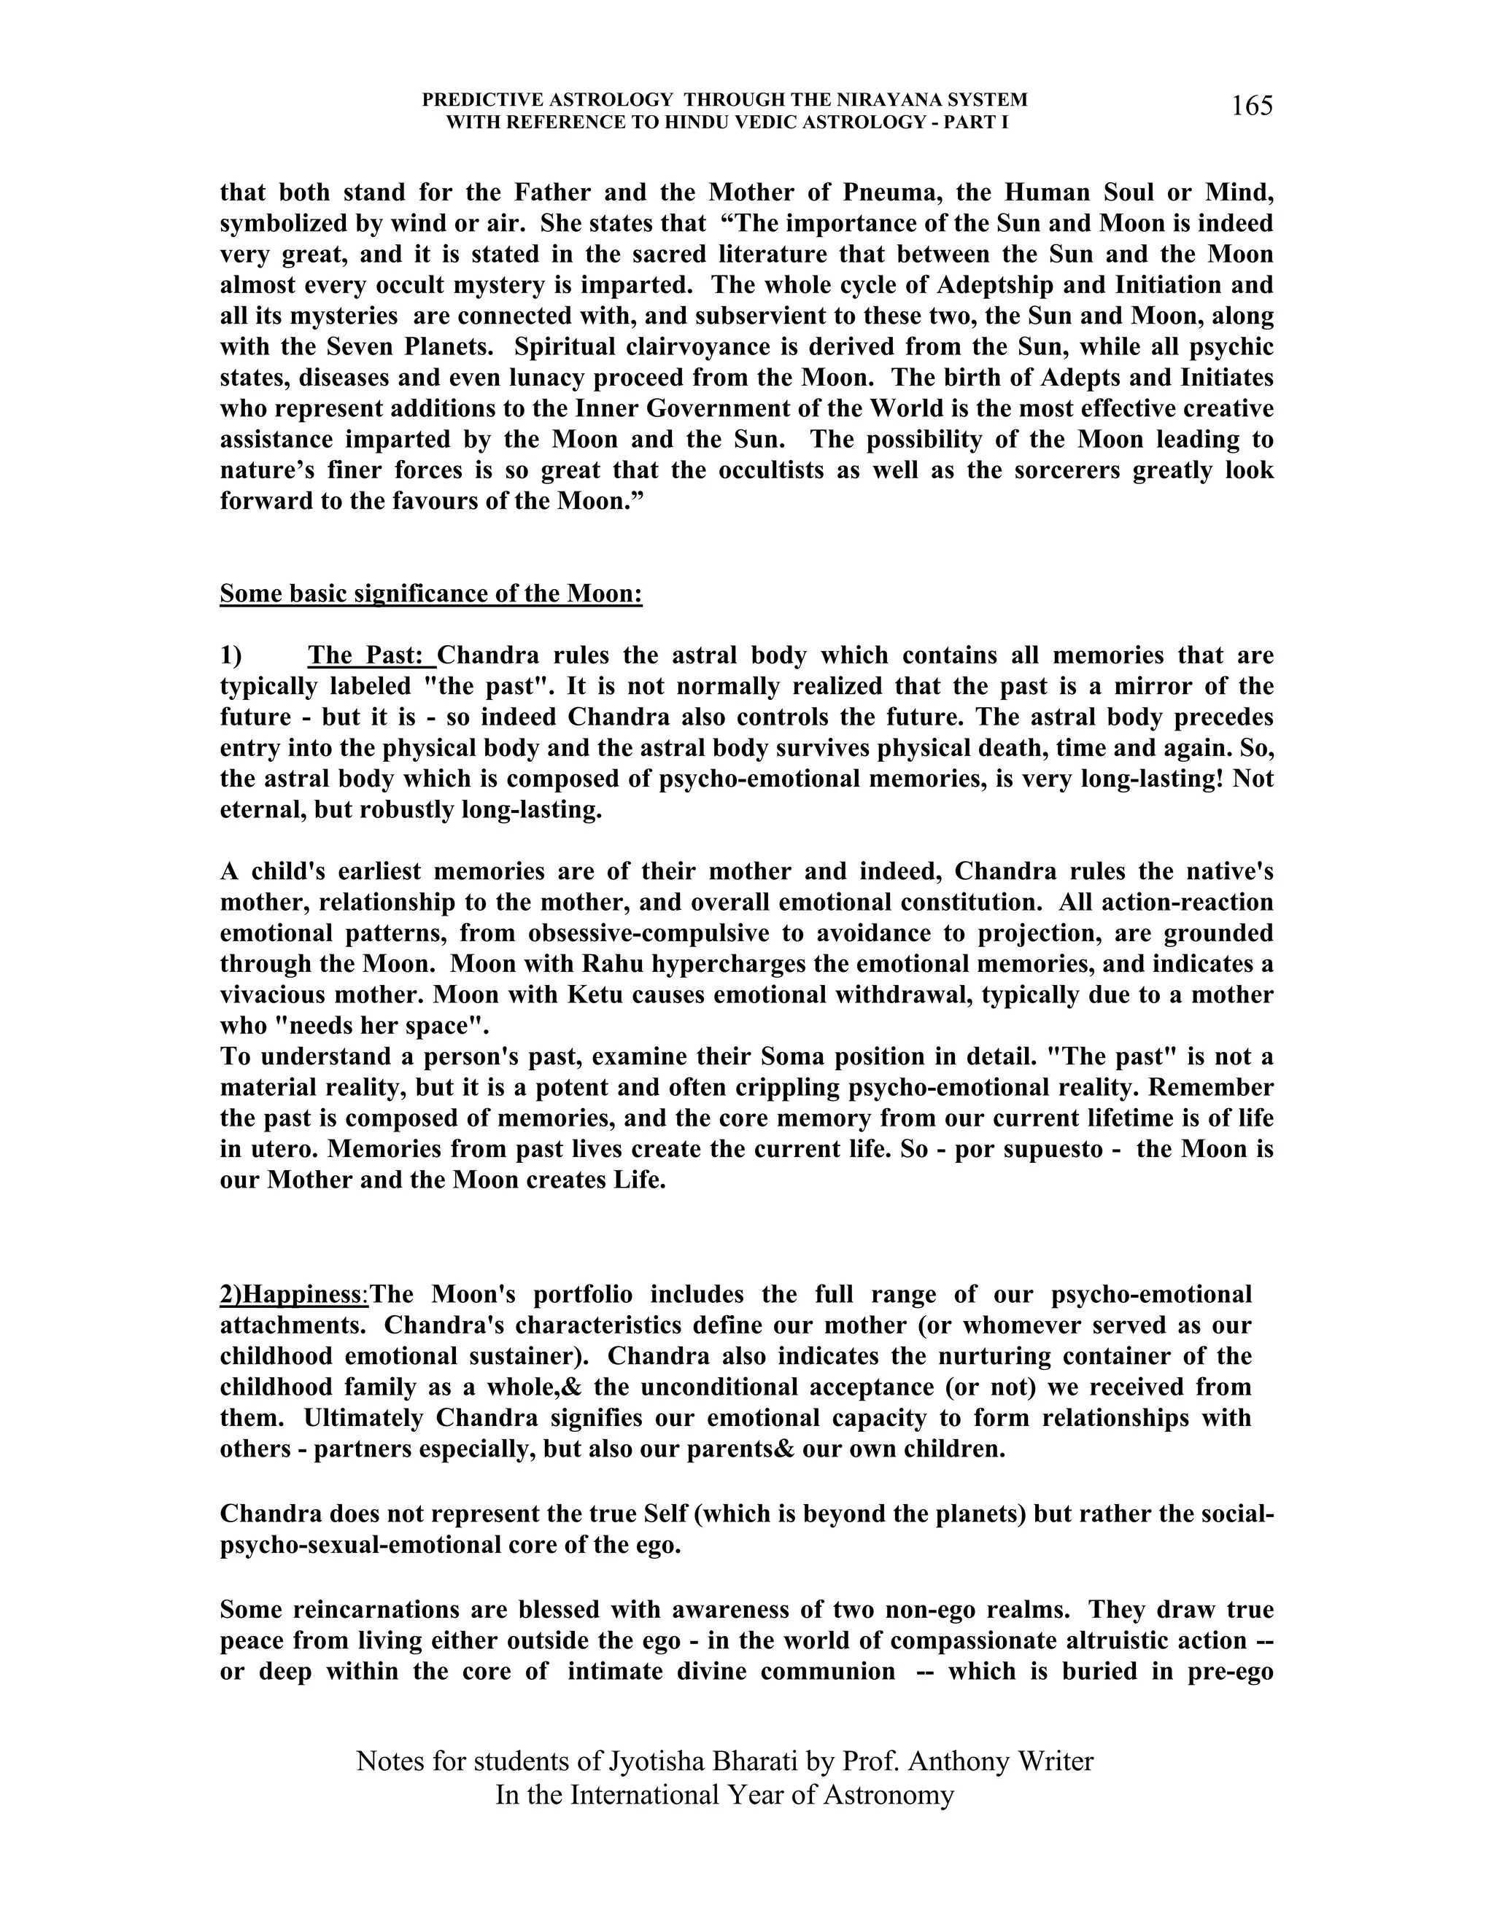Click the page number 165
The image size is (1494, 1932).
1252,106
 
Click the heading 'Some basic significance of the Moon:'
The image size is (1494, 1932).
431,593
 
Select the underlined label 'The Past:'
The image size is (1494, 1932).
370,655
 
